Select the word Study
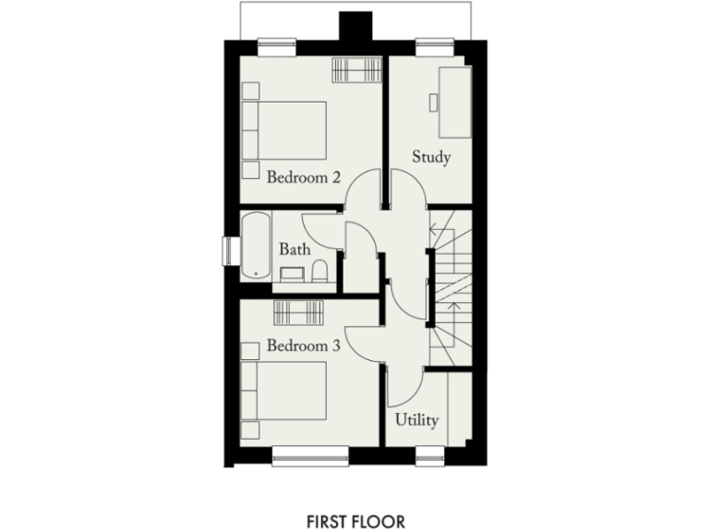431,157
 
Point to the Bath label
294,248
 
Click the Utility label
416,419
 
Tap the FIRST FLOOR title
354,522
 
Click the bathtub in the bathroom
256,248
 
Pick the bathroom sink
293,274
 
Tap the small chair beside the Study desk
435,101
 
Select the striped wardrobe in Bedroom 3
298,312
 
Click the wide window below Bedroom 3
310,453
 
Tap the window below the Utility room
427,453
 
